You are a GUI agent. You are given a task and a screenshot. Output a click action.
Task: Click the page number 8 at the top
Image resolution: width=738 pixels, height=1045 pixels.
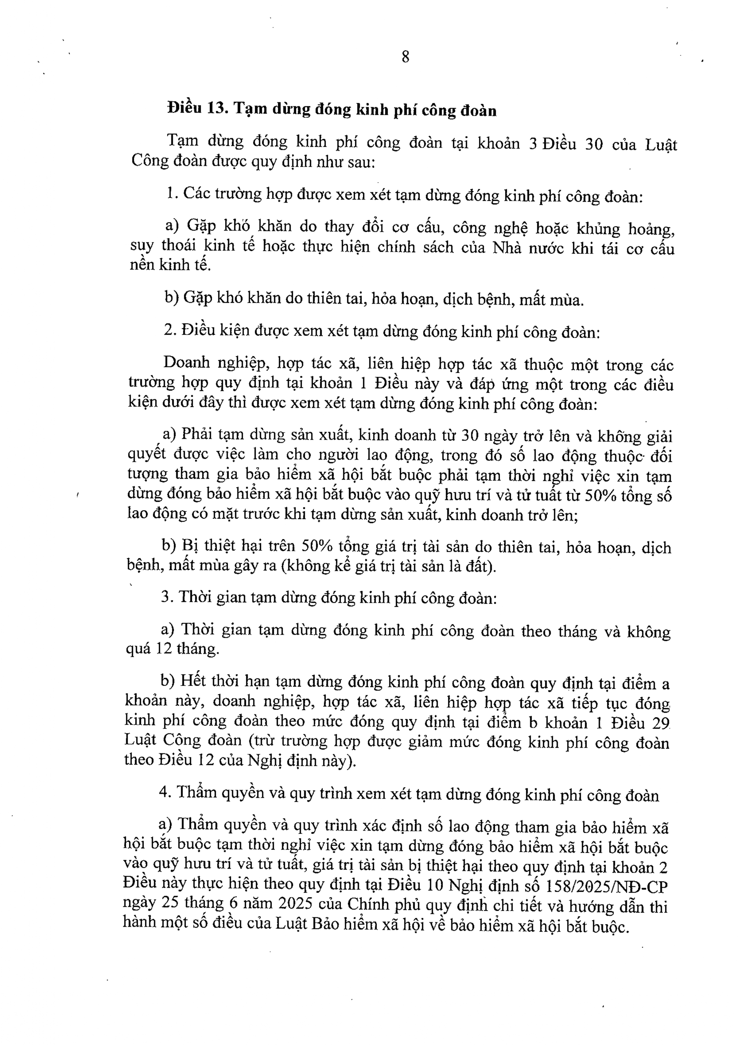[x=405, y=57]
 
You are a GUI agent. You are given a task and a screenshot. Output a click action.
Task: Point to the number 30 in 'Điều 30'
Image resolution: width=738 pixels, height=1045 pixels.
[x=593, y=144]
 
